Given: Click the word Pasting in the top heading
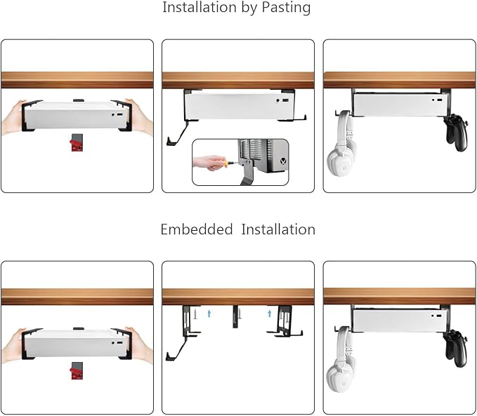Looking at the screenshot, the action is [x=286, y=7].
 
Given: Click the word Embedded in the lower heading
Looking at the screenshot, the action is [x=197, y=229].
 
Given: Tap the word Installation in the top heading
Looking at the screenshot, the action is [x=200, y=7].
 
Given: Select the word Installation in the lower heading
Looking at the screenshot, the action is [x=278, y=229].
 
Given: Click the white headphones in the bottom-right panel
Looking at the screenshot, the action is [x=341, y=359].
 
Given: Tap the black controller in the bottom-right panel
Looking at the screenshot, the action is [x=455, y=349].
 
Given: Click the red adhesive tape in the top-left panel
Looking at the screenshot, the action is [x=76, y=142].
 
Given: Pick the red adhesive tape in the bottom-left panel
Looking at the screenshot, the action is [x=77, y=370].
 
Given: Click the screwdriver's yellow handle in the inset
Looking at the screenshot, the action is [x=226, y=164].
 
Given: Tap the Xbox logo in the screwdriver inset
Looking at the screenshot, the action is [x=284, y=161].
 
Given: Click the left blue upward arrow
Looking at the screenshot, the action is [x=209, y=313].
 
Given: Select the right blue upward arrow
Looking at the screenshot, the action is [x=269, y=313].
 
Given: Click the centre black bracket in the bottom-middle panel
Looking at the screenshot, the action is [x=235, y=316].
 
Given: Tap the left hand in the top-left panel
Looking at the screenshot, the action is [x=13, y=117].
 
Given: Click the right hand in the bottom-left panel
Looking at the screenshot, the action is [x=140, y=345].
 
